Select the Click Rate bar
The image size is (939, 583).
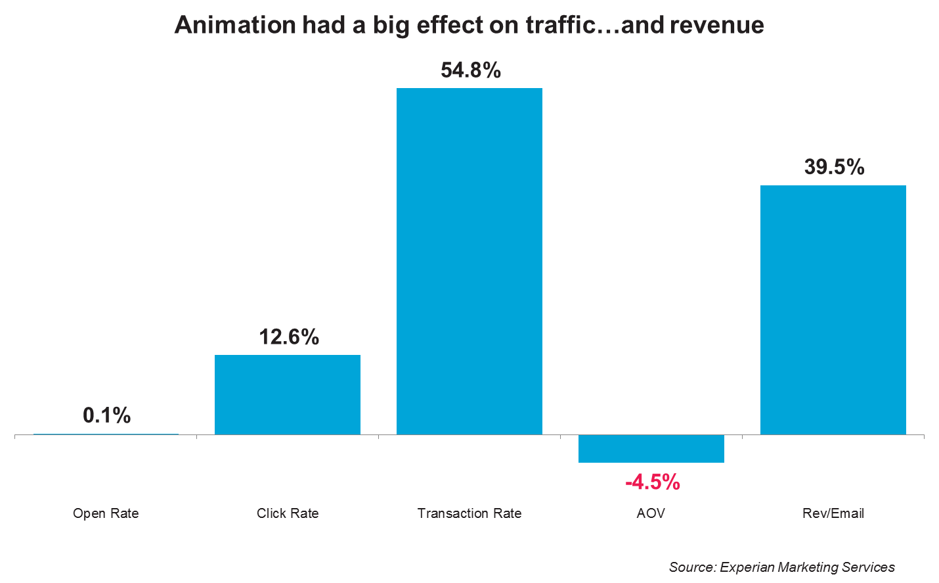(x=288, y=394)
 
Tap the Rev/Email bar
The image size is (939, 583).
(x=833, y=310)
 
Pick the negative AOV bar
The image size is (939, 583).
(x=651, y=449)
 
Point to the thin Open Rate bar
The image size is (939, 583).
(x=106, y=434)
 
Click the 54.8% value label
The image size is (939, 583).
(x=471, y=70)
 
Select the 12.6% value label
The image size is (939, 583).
(x=289, y=337)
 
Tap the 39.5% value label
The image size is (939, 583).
(x=834, y=167)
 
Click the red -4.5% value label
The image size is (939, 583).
(x=653, y=482)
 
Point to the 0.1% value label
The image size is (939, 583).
(x=107, y=415)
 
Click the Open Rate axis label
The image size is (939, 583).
(x=106, y=513)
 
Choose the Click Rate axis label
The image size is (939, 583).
(x=288, y=513)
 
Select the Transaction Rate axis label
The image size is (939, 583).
(x=469, y=513)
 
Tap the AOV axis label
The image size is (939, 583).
(x=651, y=513)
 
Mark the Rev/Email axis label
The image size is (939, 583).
(x=833, y=513)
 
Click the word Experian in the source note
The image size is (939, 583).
(x=746, y=567)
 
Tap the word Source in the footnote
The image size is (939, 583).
(x=691, y=567)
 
